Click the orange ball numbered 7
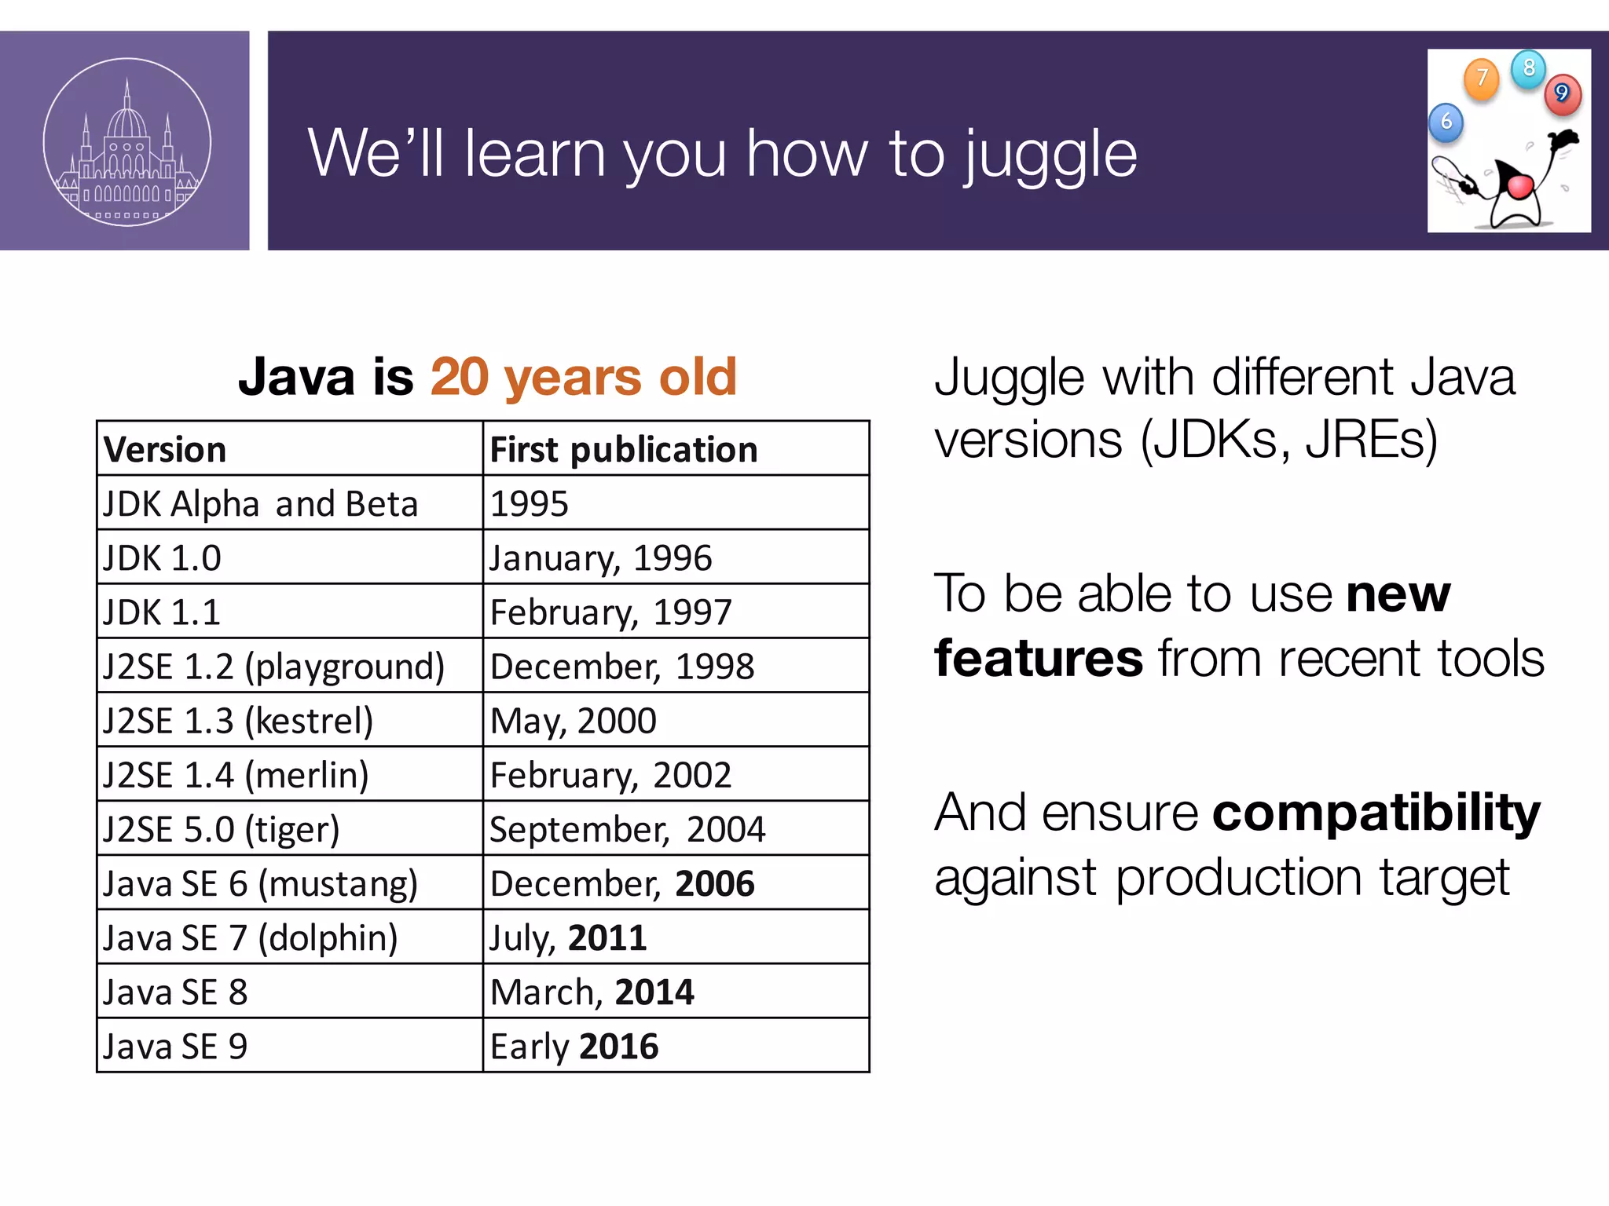point(1482,79)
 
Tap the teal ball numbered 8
point(1529,68)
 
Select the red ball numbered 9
point(1563,94)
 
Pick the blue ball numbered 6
point(1446,122)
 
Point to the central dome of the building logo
point(127,122)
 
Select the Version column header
point(165,450)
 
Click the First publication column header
point(624,450)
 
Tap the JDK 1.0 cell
point(163,558)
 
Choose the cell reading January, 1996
point(601,558)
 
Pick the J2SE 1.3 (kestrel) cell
point(238,721)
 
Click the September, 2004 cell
point(628,829)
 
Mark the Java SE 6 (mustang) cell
point(260,883)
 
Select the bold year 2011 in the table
point(607,937)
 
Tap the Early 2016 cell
point(574,1046)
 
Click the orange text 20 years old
point(583,377)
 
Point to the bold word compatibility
point(1376,813)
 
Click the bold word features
point(1039,658)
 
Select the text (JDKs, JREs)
point(1288,440)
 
